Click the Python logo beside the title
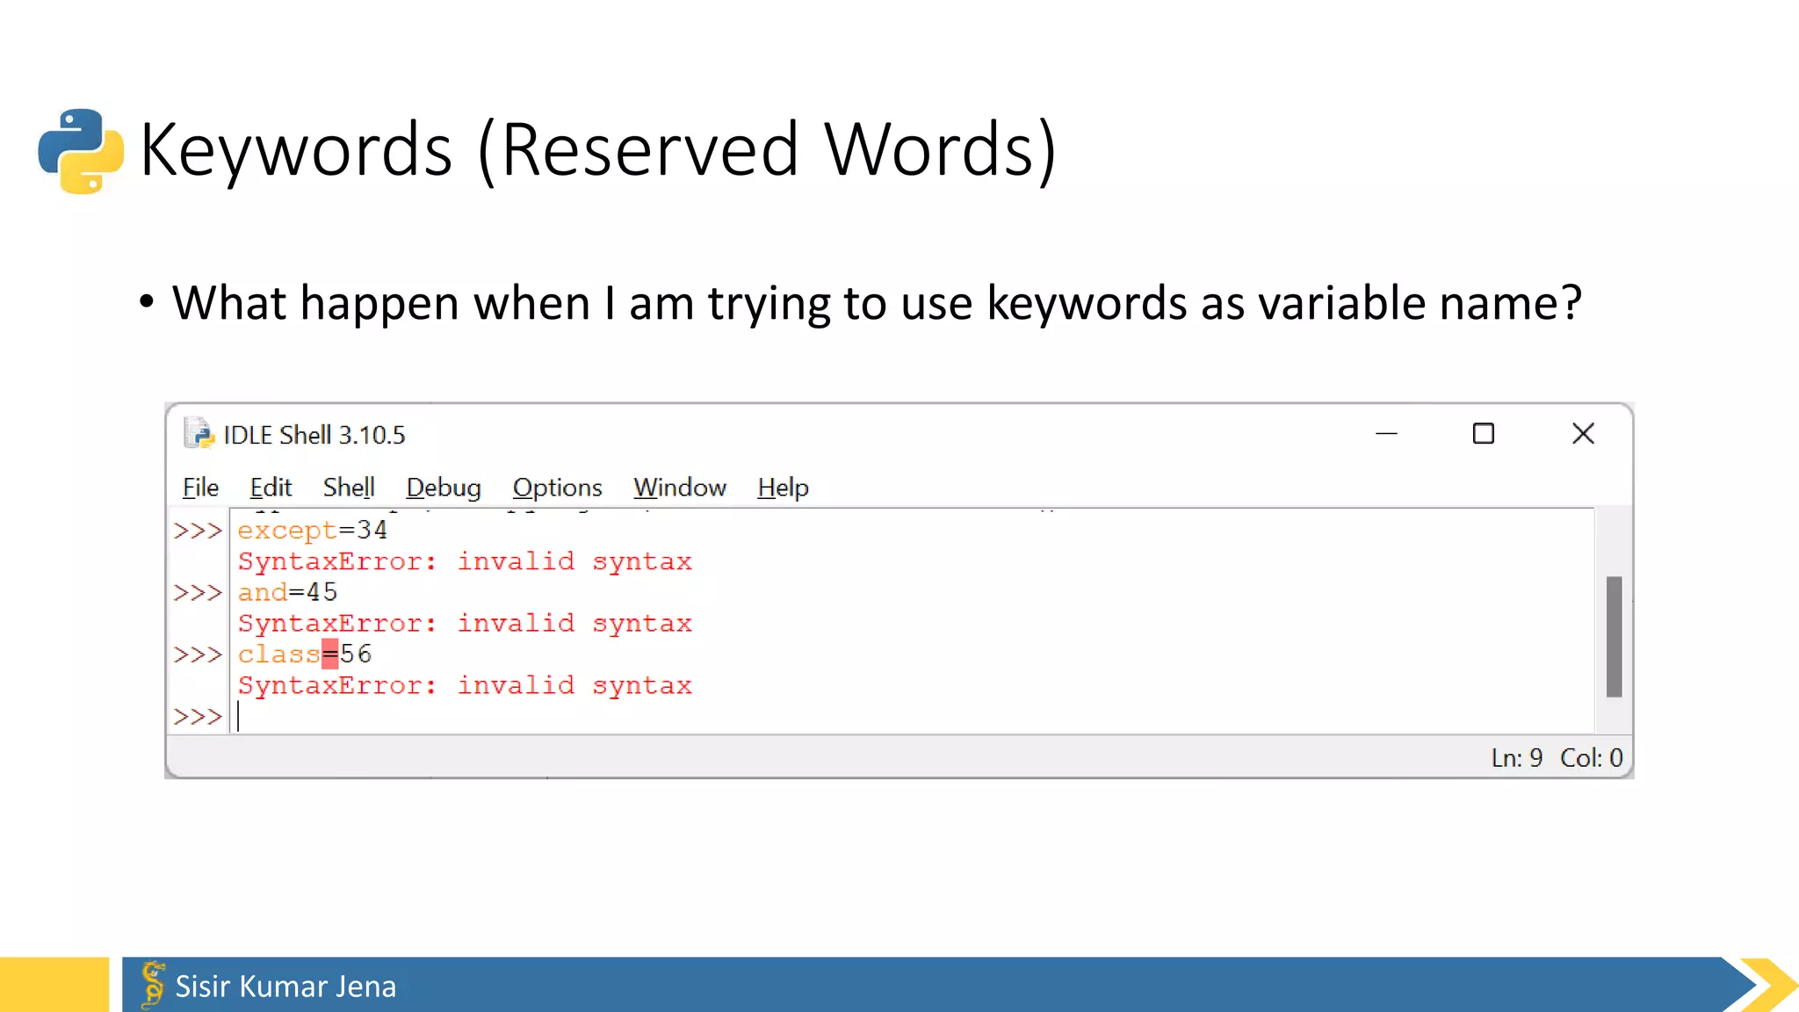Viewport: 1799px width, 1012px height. tap(81, 151)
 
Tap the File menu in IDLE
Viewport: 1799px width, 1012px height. tap(200, 488)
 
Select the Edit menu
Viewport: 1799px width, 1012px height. tap(271, 488)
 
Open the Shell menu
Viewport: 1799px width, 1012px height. tap(349, 488)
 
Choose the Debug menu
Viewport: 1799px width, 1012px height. tap(444, 488)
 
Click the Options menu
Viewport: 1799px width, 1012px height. tap(557, 488)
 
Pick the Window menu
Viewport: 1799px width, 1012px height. tap(680, 488)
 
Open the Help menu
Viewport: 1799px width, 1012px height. tap(783, 488)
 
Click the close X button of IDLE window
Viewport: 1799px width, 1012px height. tap(1583, 434)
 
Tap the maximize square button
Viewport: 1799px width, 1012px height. tap(1484, 434)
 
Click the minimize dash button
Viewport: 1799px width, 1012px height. tap(1386, 434)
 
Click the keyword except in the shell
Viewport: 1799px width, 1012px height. tap(287, 531)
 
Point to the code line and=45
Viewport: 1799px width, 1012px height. tap(287, 593)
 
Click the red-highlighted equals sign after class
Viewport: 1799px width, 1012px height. tap(329, 654)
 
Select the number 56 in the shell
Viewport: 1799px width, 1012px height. tap(356, 654)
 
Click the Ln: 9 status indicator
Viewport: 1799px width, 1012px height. tap(1516, 758)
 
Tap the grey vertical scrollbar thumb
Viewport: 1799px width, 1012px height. tap(1614, 637)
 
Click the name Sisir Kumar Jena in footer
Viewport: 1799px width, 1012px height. tap(285, 987)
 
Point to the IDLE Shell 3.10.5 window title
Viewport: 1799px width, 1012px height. tap(314, 436)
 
